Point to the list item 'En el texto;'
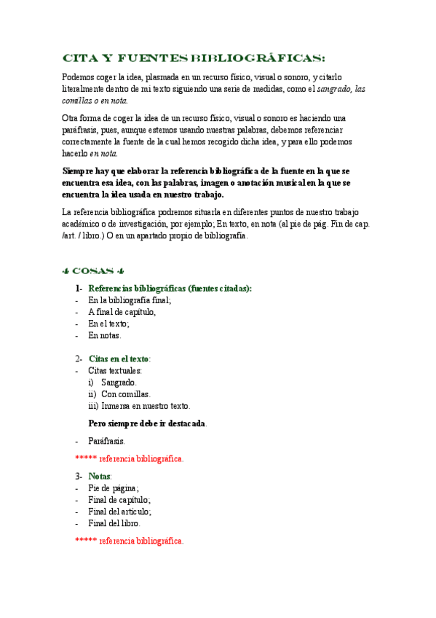coord(108,324)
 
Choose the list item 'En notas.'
coord(105,335)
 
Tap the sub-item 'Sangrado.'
coord(119,382)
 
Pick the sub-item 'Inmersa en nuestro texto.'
coord(146,405)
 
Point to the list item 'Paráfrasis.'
coord(106,441)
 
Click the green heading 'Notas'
coord(99,476)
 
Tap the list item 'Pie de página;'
coord(114,488)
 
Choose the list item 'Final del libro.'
coord(114,523)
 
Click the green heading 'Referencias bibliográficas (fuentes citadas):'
coord(170,288)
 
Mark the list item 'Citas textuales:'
coord(115,370)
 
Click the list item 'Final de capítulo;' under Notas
coord(119,500)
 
